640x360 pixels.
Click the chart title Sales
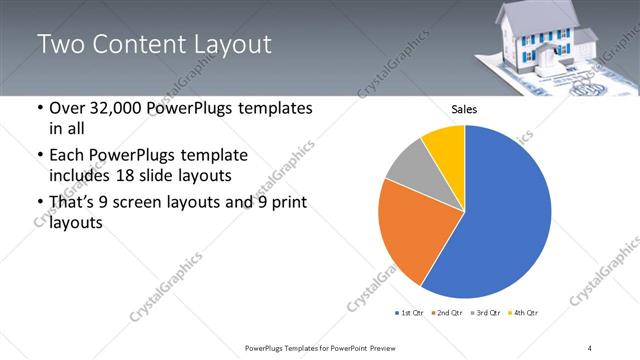[x=464, y=109]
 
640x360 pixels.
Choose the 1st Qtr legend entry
[x=410, y=313]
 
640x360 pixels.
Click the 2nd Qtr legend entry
[x=448, y=313]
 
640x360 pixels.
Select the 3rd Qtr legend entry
[x=486, y=313]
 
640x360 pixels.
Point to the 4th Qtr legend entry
[x=524, y=313]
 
